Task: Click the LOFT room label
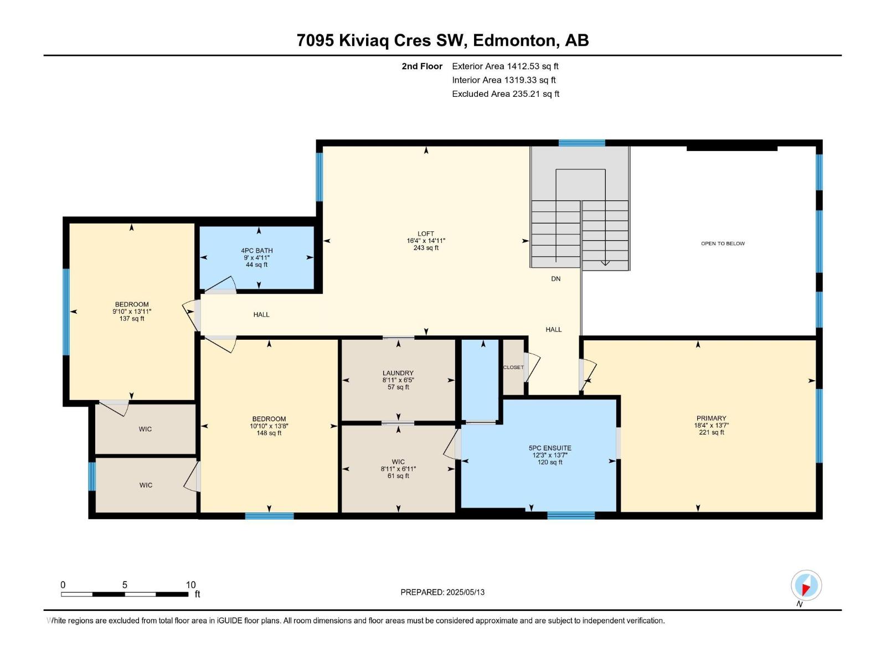[426, 234]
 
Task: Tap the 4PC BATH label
[256, 251]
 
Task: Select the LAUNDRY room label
[398, 373]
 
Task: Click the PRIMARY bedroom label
[711, 418]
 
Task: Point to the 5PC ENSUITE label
[549, 448]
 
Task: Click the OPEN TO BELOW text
[723, 243]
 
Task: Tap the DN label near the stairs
[555, 279]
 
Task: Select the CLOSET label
[513, 367]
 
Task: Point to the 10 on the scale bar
[190, 585]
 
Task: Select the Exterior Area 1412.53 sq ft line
[505, 66]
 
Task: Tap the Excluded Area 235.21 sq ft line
[505, 94]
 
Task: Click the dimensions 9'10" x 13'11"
[132, 312]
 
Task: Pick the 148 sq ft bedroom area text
[269, 433]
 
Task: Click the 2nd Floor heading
[422, 66]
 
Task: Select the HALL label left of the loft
[261, 314]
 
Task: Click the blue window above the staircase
[581, 143]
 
